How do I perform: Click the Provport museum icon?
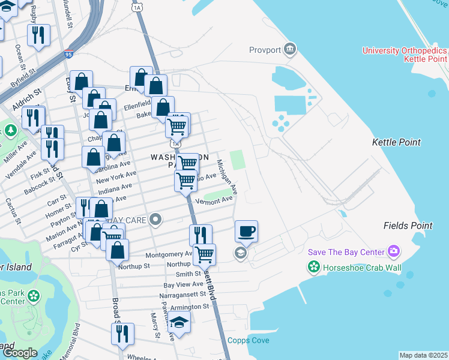click(x=291, y=49)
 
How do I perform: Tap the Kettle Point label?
click(x=396, y=142)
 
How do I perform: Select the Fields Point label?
click(x=408, y=226)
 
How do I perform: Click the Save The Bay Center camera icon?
click(x=394, y=250)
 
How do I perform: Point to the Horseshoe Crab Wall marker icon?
click(x=313, y=268)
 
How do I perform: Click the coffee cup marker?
click(x=246, y=231)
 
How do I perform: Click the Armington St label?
click(x=189, y=306)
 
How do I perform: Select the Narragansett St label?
click(x=184, y=296)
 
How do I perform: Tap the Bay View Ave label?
click(x=184, y=284)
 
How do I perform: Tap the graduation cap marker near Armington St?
click(x=179, y=323)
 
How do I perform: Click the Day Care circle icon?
click(x=156, y=220)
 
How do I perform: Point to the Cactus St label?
click(x=14, y=212)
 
